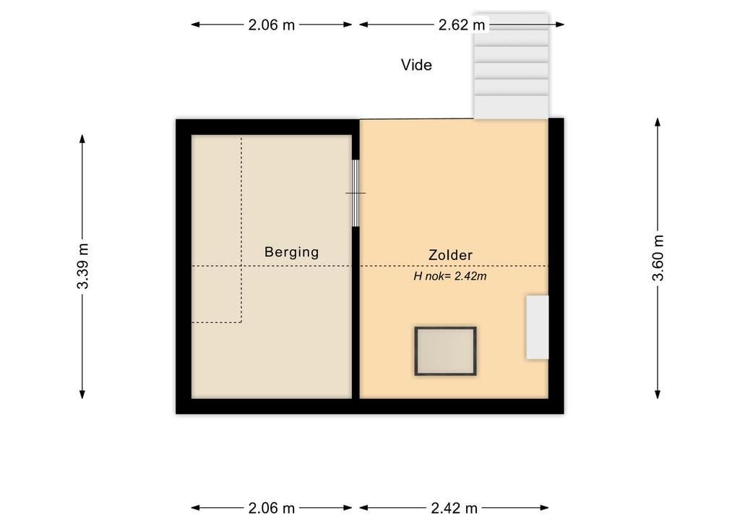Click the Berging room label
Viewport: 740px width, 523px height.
(x=291, y=252)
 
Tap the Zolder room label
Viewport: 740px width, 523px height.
(x=450, y=255)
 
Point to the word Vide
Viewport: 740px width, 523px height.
(x=416, y=64)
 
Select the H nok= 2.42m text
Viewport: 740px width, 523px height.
(x=449, y=277)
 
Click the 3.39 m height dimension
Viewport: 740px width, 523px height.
(x=82, y=266)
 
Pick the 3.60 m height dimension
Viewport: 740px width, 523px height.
(x=658, y=258)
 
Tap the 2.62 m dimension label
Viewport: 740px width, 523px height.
(x=462, y=25)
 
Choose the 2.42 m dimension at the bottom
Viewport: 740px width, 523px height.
(x=454, y=508)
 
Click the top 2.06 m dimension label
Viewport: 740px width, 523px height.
(x=272, y=25)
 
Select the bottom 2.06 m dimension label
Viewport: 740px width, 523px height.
(x=272, y=508)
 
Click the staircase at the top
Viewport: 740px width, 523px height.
(x=511, y=66)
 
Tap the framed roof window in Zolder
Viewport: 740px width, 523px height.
(x=445, y=351)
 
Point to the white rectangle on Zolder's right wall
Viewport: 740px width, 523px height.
(x=538, y=327)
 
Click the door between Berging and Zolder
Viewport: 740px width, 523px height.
(x=356, y=194)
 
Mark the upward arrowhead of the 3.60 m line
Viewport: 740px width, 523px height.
(x=658, y=121)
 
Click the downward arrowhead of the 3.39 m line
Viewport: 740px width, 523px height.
(x=82, y=394)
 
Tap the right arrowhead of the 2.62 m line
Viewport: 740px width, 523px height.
(x=560, y=25)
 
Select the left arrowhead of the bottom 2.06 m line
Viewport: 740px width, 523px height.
(x=195, y=508)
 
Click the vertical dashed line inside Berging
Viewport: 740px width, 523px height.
(x=241, y=230)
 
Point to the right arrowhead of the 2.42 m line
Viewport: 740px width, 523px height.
(x=544, y=508)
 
